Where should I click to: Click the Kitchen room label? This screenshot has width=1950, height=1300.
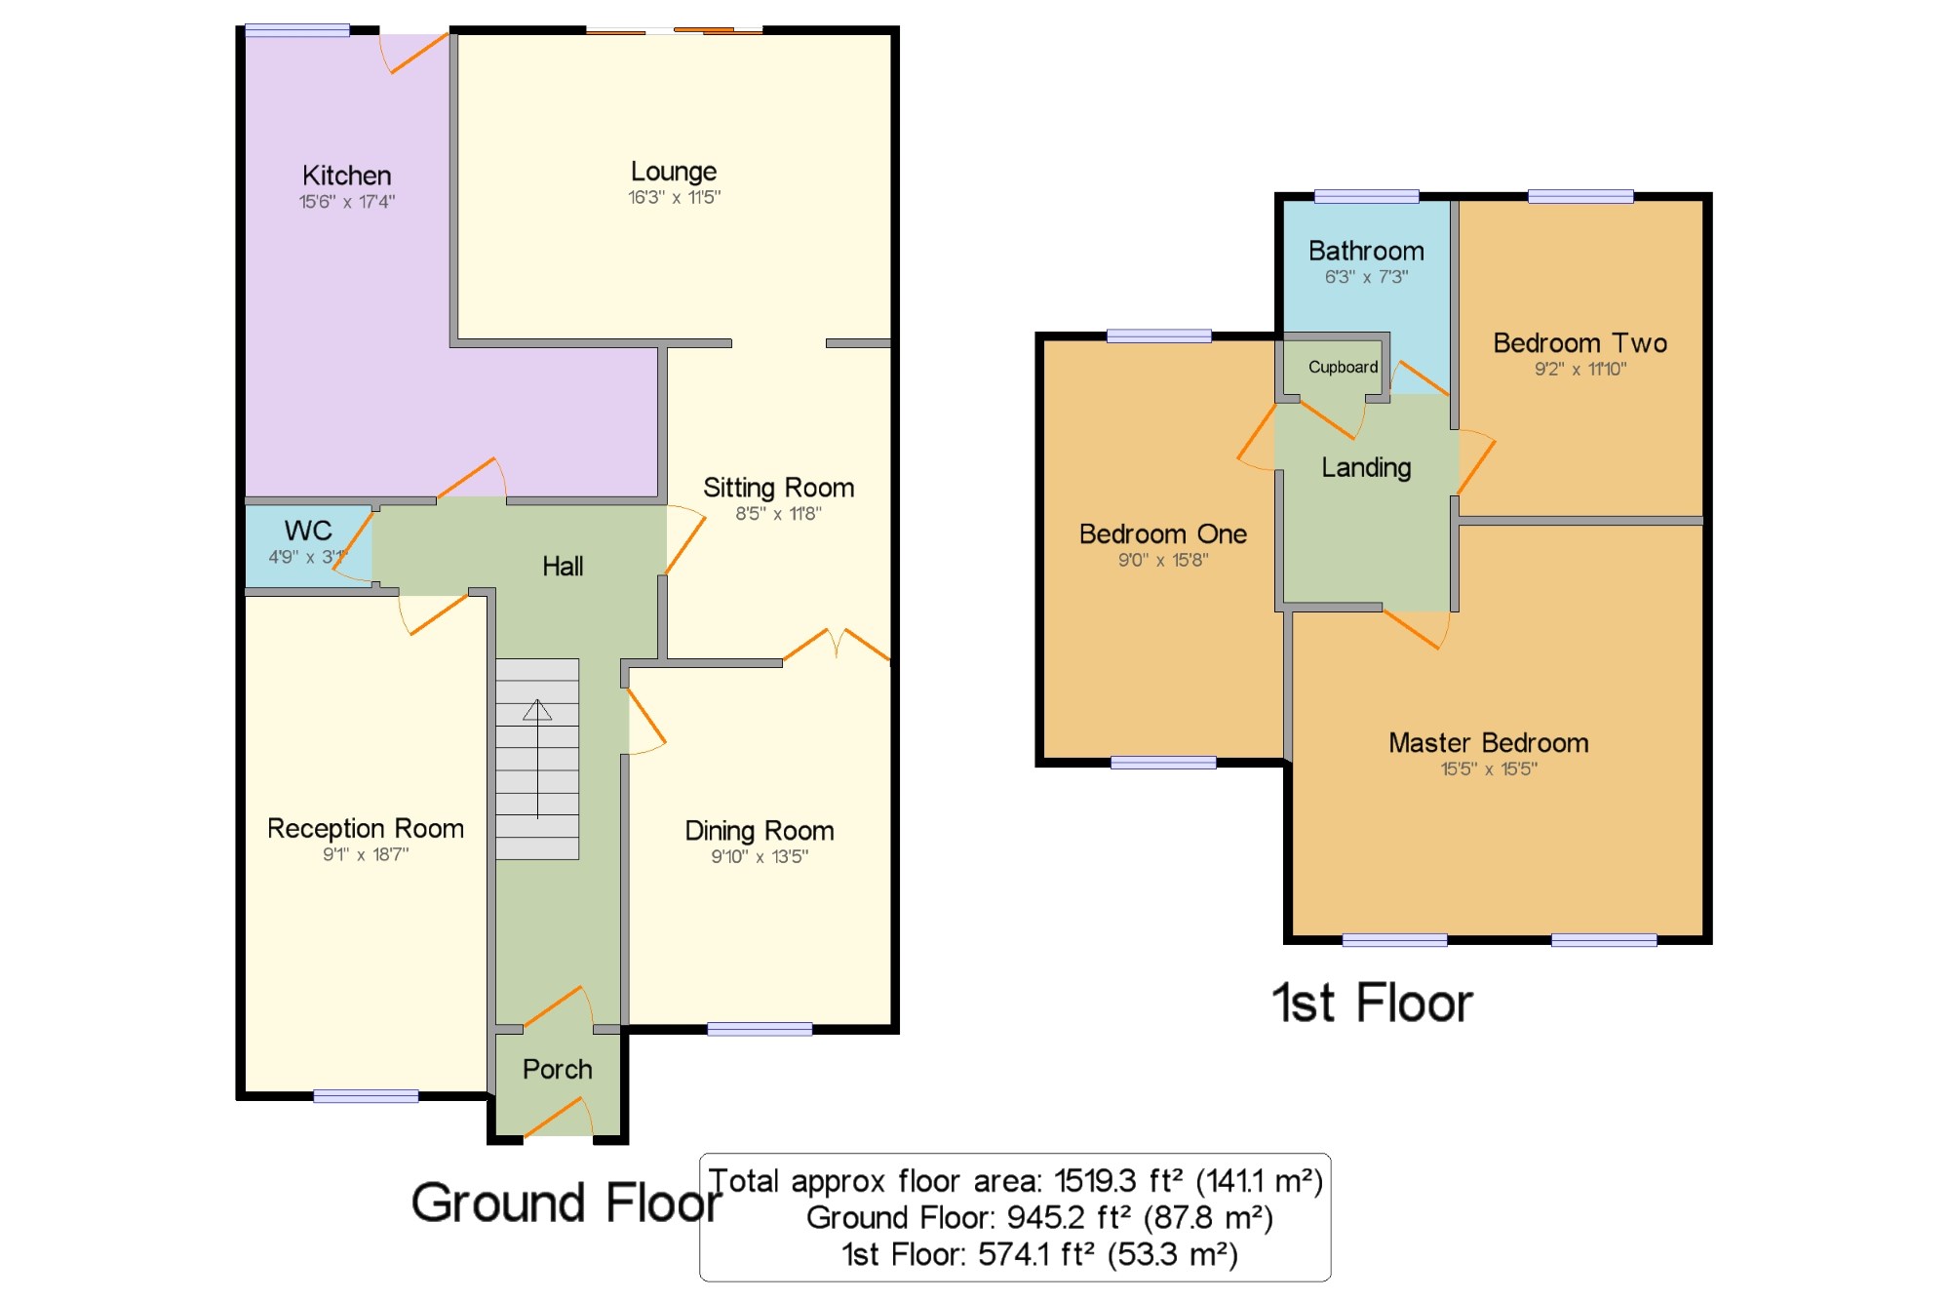point(346,176)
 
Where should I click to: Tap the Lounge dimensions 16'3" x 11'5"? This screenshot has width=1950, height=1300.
point(674,197)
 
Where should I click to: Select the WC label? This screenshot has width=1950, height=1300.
point(308,531)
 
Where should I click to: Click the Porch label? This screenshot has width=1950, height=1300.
point(557,1069)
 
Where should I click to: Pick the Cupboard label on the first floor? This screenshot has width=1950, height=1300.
point(1343,367)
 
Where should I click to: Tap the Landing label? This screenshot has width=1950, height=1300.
point(1366,468)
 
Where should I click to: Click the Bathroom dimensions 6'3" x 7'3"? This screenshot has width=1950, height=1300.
point(1366,277)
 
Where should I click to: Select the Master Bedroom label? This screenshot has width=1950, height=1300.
point(1488,743)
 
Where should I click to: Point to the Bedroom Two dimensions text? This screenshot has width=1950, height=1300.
point(1579,369)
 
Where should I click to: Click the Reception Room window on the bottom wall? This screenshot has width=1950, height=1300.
point(366,1096)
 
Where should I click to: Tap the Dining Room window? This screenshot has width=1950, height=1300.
point(760,1029)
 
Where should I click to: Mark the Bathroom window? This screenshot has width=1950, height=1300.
point(1366,196)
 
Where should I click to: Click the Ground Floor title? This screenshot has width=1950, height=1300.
point(565,1202)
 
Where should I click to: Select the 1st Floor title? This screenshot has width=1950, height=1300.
point(1372,1003)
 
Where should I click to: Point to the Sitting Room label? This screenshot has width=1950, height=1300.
point(778,488)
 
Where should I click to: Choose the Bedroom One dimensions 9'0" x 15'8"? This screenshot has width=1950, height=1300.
point(1162,560)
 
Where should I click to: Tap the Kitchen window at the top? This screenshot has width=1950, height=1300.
point(297,30)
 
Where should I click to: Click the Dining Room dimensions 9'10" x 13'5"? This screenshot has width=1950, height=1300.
point(760,856)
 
